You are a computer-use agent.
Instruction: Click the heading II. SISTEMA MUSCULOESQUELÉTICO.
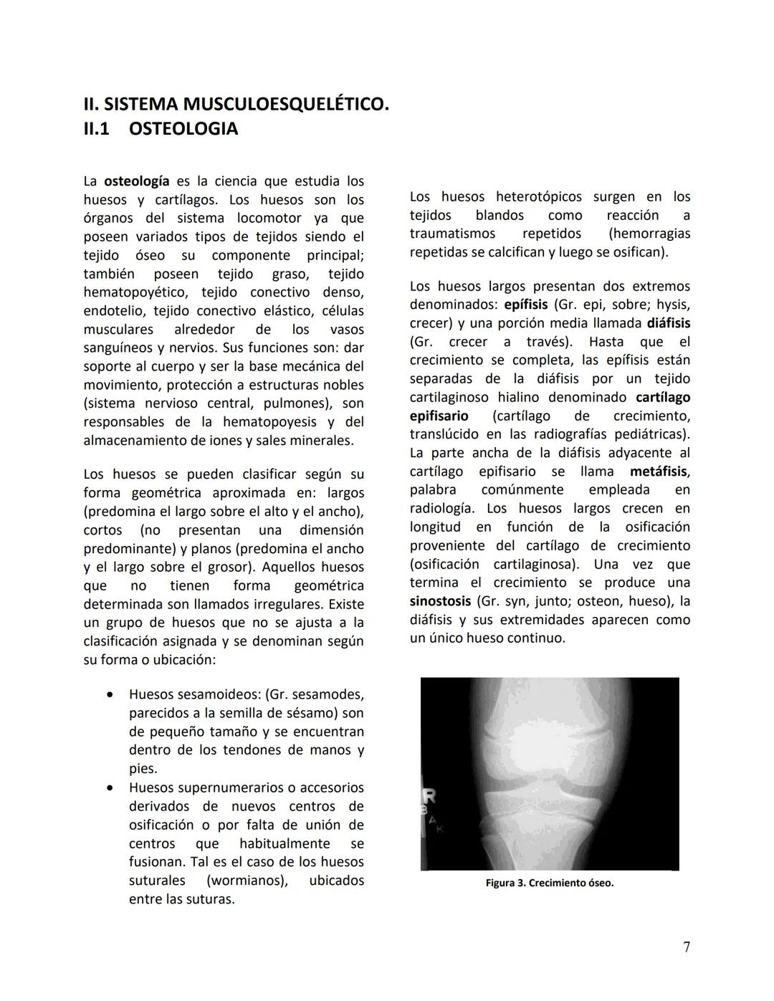(236, 105)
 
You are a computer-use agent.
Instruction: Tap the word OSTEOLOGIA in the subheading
(183, 129)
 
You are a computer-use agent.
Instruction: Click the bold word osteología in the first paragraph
(137, 181)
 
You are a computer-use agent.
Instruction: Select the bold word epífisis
(525, 305)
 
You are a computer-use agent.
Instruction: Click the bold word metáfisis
(659, 471)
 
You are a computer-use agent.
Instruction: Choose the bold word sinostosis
(440, 601)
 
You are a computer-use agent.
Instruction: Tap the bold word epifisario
(439, 416)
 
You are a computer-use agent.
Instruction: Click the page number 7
(687, 947)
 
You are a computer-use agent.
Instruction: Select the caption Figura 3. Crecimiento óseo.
(549, 883)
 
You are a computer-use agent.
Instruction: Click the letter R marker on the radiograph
(432, 797)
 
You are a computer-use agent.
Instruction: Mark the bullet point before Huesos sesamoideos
(109, 695)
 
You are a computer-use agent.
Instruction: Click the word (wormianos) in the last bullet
(247, 881)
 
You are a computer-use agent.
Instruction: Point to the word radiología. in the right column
(441, 508)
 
